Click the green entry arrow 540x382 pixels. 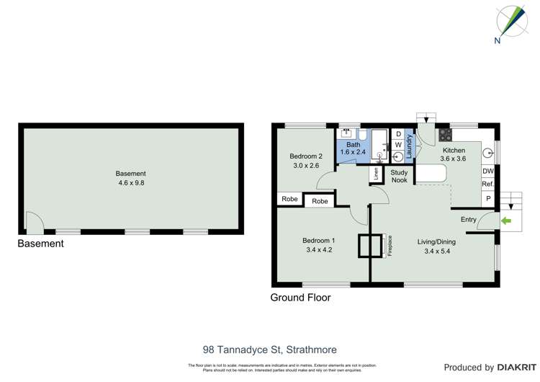pyautogui.click(x=506, y=220)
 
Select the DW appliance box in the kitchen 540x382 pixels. pyautogui.click(x=487, y=172)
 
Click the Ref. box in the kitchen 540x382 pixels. pyautogui.click(x=487, y=185)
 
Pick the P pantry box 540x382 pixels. pyautogui.click(x=487, y=198)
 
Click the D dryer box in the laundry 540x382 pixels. pyautogui.click(x=397, y=134)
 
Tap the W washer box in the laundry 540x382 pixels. pyautogui.click(x=397, y=145)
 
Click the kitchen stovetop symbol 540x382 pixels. pyautogui.click(x=445, y=134)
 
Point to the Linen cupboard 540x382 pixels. pyautogui.click(x=375, y=174)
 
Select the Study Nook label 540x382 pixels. pyautogui.click(x=399, y=176)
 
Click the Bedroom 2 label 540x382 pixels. pyautogui.click(x=305, y=156)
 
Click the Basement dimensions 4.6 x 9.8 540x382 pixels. pyautogui.click(x=131, y=183)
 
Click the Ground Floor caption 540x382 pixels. pyautogui.click(x=300, y=297)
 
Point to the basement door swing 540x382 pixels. pyautogui.click(x=34, y=222)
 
